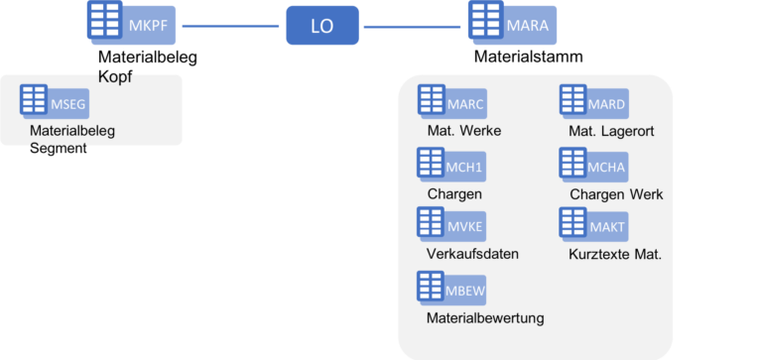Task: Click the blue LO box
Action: (x=322, y=26)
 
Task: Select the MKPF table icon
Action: (x=104, y=21)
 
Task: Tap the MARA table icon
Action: (x=485, y=21)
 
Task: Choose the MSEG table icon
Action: (x=35, y=101)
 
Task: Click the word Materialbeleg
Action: (x=72, y=129)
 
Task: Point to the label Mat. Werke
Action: (x=463, y=131)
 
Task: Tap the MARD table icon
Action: (x=573, y=101)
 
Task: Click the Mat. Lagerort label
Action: (x=612, y=131)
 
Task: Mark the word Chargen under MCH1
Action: (x=453, y=193)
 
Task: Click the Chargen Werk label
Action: (x=616, y=193)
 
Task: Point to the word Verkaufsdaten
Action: (x=472, y=254)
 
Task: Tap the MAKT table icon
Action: (x=573, y=224)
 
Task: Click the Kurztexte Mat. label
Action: (x=615, y=254)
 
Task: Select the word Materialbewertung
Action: (x=485, y=317)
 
